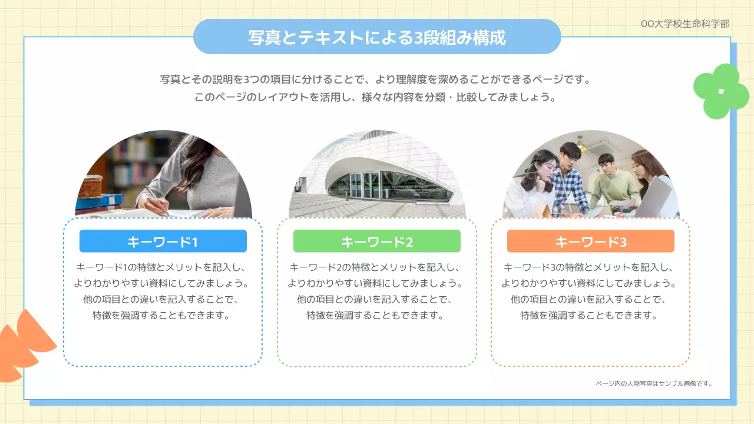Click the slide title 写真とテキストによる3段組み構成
pos(377,37)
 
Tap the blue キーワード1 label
pos(163,241)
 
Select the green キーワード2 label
pos(377,241)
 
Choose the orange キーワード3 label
pos(590,241)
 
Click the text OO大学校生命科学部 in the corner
pos(685,24)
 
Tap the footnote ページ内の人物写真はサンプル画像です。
pos(654,383)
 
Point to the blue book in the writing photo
pos(97,200)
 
